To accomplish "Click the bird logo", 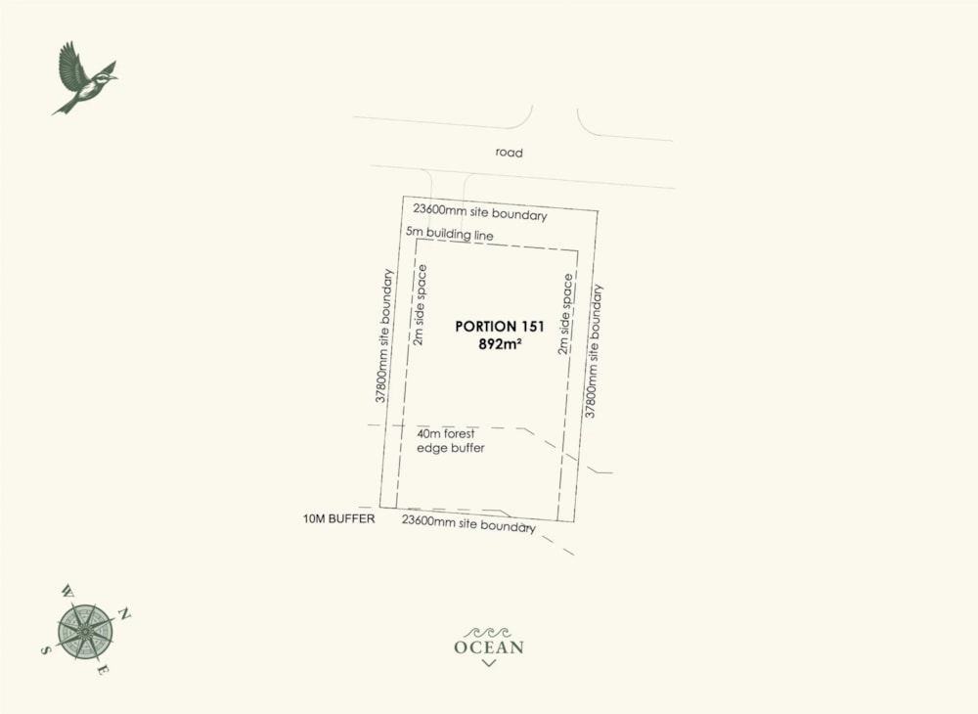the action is pyautogui.click(x=83, y=79).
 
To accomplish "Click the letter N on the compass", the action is pyautogui.click(x=124, y=613).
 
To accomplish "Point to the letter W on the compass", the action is pyautogui.click(x=67, y=591).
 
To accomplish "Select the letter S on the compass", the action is pyautogui.click(x=45, y=648).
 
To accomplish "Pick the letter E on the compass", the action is pyautogui.click(x=103, y=670).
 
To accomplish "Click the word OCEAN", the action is pyautogui.click(x=489, y=647).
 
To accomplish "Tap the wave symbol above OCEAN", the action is pyautogui.click(x=489, y=632).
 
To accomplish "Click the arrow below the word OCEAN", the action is pyautogui.click(x=489, y=663).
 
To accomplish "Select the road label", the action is pyautogui.click(x=509, y=153).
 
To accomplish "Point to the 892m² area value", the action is pyautogui.click(x=500, y=344).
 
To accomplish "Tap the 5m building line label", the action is pyautogui.click(x=450, y=235).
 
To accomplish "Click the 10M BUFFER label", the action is pyautogui.click(x=338, y=518).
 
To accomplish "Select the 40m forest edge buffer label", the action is pyautogui.click(x=451, y=440).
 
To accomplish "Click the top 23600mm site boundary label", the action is pyautogui.click(x=479, y=212).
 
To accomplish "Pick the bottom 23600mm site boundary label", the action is pyautogui.click(x=468, y=524).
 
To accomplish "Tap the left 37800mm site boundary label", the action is pyautogui.click(x=383, y=335).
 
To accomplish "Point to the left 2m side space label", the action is pyautogui.click(x=419, y=309).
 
